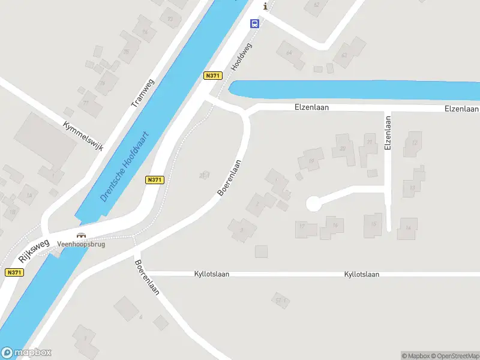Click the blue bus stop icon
pos(254,24)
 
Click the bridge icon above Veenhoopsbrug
pos(82,236)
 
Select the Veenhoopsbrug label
pos(81,245)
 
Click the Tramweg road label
pos(143,93)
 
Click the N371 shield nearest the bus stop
pos(213,76)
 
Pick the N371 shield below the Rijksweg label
pos(14,272)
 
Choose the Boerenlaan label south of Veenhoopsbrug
pos(146,278)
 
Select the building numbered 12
pos(413,143)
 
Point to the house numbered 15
pos(373,224)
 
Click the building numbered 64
pos(290,53)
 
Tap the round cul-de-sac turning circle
pos(313,204)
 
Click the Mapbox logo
pos(26,353)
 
